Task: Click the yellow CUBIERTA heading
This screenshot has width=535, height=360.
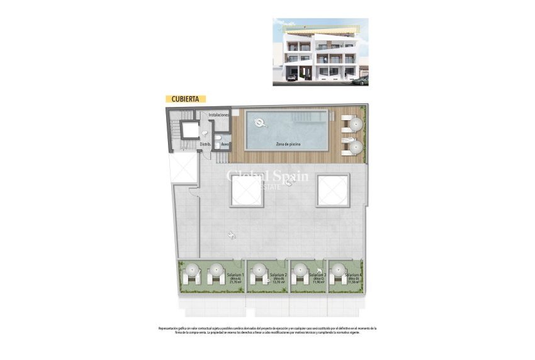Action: click(186, 99)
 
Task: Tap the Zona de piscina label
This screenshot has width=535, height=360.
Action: click(288, 145)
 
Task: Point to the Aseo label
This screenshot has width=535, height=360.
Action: click(225, 144)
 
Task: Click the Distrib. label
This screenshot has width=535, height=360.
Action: click(205, 144)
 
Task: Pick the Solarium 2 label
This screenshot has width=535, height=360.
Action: click(278, 275)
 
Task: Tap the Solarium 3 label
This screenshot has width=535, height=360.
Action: click(318, 275)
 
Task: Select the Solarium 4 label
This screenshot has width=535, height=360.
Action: click(353, 275)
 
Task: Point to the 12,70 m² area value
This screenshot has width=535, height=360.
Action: click(278, 283)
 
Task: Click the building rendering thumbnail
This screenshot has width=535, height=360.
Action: click(320, 52)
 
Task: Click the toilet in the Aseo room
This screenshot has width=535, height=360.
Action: click(217, 144)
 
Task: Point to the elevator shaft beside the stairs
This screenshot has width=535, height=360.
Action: click(188, 130)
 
